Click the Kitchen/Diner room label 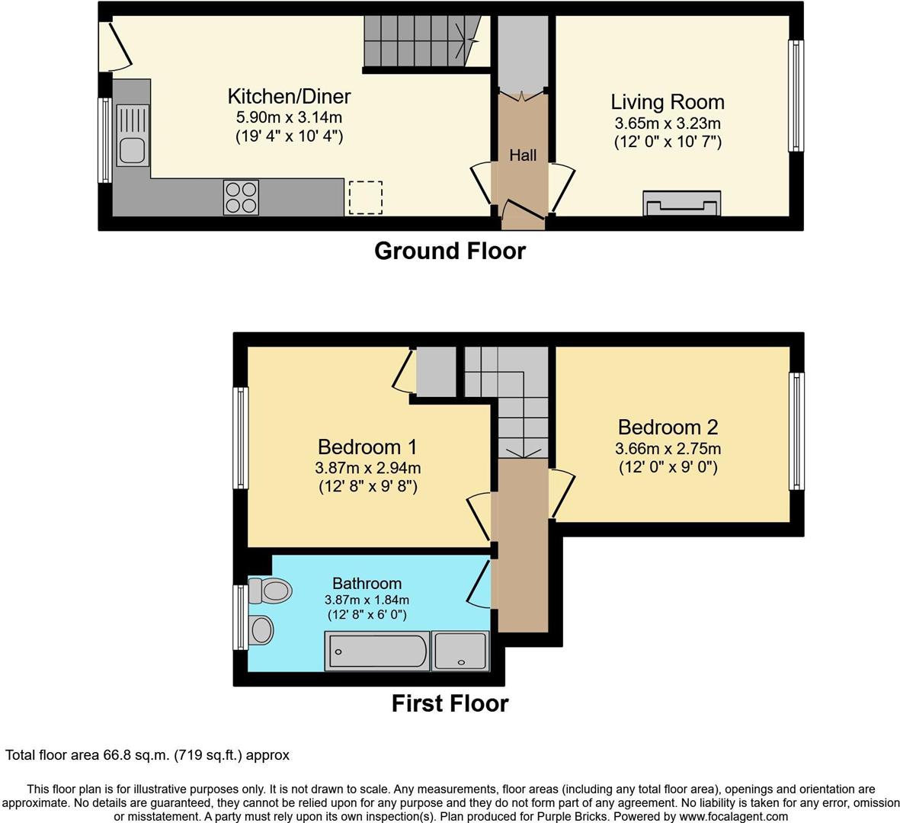(x=289, y=96)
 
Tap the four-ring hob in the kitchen (x=241, y=197)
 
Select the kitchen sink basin (x=132, y=150)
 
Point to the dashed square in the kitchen (x=366, y=197)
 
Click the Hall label (x=523, y=155)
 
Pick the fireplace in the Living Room (x=681, y=203)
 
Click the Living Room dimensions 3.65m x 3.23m (x=668, y=123)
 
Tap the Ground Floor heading (x=450, y=251)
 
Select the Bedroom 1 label (x=367, y=447)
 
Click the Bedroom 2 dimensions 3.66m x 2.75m (x=668, y=448)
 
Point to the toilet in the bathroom (x=270, y=591)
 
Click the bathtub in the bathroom (x=377, y=651)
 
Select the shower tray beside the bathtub (x=460, y=651)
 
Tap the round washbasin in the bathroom (x=261, y=629)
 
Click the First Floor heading (x=450, y=703)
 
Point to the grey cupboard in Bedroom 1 (x=436, y=371)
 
